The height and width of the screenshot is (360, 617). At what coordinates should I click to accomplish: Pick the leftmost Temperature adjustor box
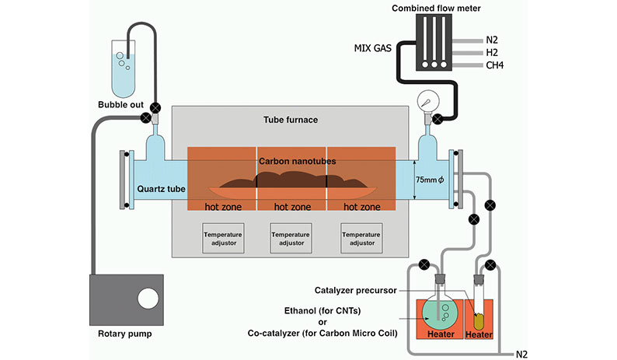(224, 238)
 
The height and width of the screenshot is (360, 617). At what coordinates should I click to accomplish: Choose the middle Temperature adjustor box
(291, 238)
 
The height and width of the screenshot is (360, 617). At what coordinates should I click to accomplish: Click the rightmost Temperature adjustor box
(361, 238)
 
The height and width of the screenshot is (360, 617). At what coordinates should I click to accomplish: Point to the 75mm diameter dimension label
(429, 179)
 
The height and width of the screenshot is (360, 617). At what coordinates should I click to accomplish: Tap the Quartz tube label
(160, 187)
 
